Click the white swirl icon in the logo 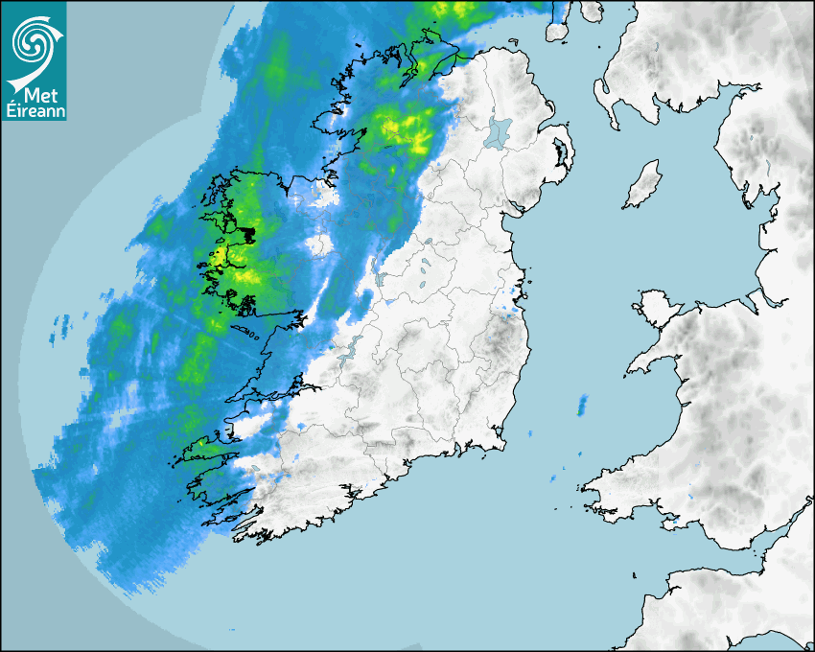(33, 40)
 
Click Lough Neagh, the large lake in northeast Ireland (499, 131)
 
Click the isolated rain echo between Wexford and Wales (582, 406)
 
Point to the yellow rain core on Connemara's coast (220, 257)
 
